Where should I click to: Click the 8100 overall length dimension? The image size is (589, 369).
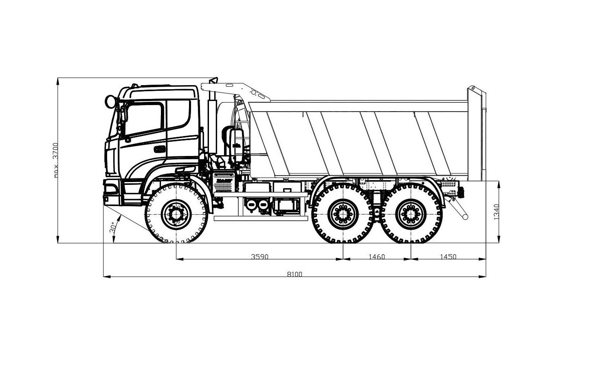coord(294,275)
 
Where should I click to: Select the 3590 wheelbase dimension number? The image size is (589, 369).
coord(259,257)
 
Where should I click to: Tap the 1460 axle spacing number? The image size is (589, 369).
coord(376,257)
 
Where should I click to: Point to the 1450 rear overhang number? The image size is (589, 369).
coord(448,257)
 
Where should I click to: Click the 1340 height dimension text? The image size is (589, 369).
coord(496,212)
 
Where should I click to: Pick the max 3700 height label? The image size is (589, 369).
coord(55,160)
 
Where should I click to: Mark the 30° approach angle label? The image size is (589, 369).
coord(113,228)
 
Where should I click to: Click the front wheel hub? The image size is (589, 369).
coord(176,215)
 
